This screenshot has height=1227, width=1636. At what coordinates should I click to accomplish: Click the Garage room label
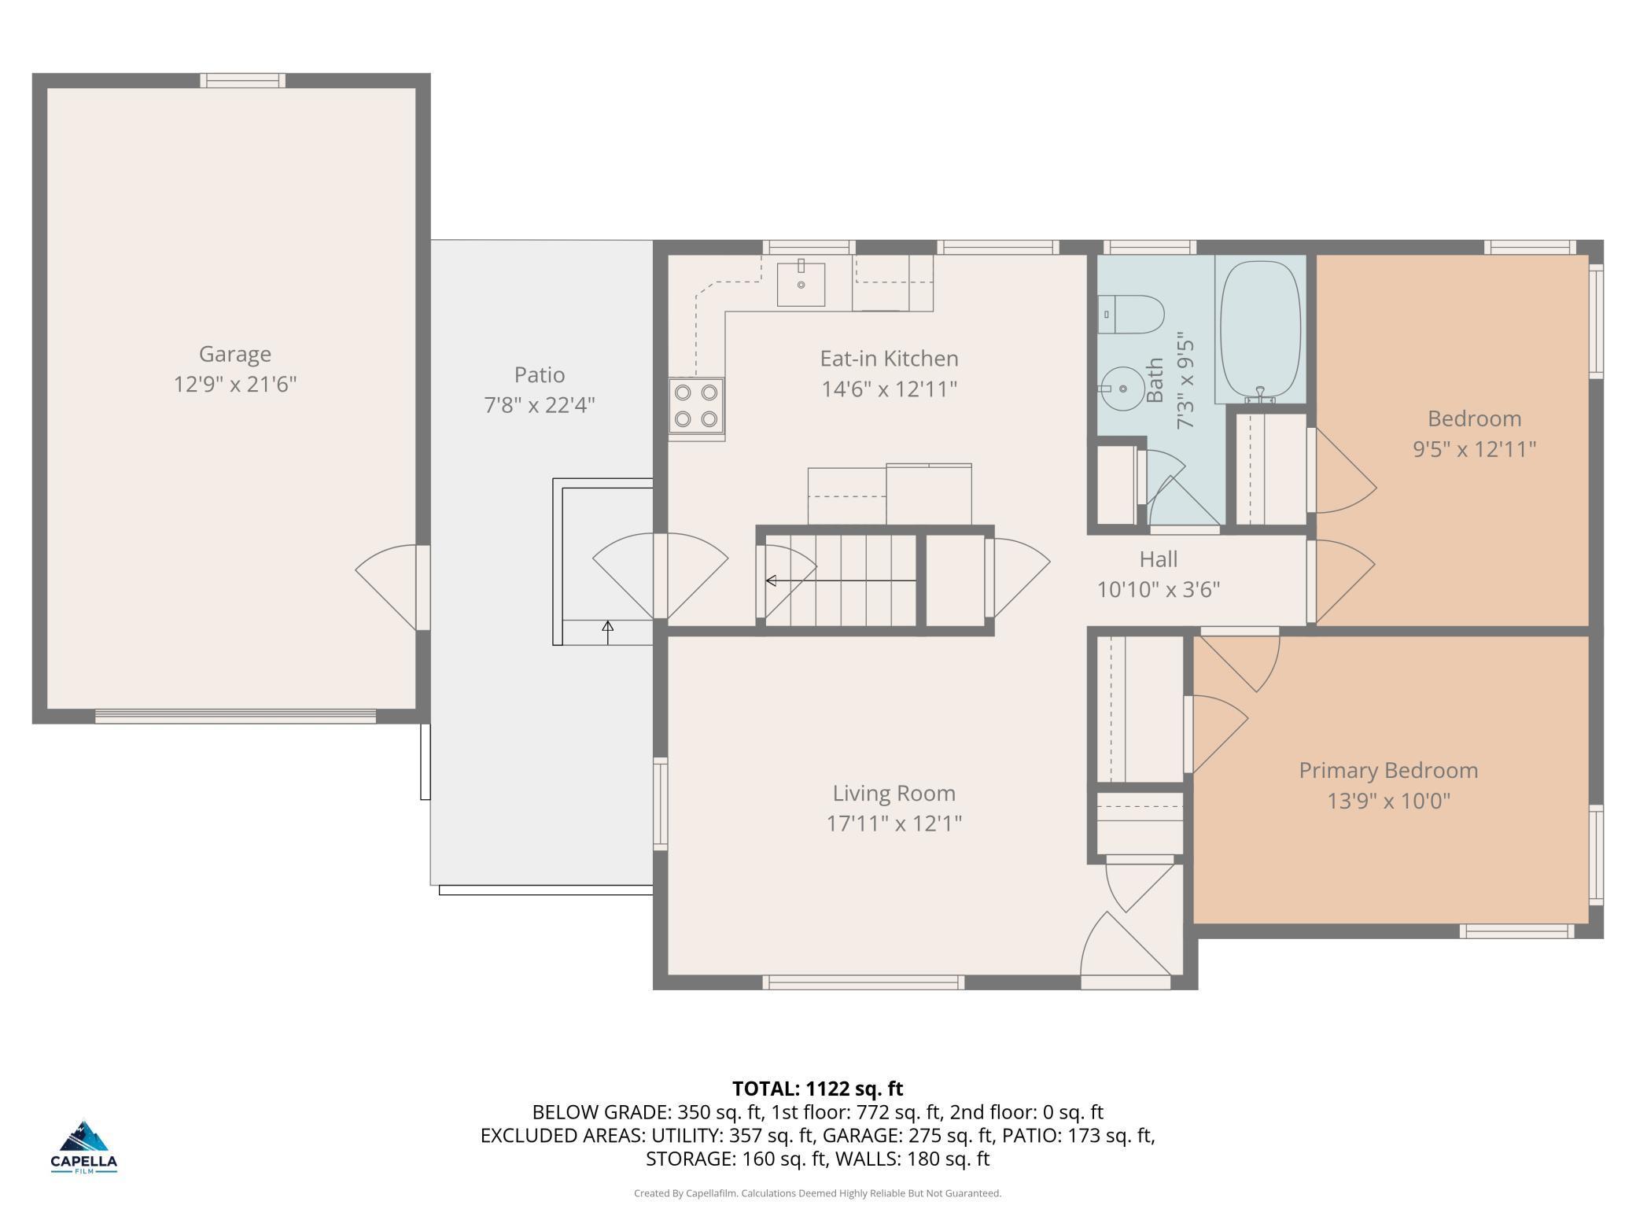(234, 355)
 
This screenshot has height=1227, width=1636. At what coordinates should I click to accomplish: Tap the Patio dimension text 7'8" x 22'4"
(540, 405)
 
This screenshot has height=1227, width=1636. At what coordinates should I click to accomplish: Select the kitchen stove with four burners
(697, 405)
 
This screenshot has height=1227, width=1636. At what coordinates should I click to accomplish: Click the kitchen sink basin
(801, 284)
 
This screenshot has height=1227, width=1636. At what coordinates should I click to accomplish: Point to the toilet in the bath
(1131, 314)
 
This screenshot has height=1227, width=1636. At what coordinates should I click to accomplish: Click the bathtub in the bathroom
(1260, 331)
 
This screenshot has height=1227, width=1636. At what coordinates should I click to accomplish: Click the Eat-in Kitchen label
(889, 359)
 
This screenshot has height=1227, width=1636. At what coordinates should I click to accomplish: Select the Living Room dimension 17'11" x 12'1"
(894, 824)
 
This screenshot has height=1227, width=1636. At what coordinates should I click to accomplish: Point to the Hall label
(1159, 559)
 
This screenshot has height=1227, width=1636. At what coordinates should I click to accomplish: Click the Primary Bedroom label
(1388, 771)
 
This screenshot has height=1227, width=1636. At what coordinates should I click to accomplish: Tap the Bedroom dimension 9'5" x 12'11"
(1474, 449)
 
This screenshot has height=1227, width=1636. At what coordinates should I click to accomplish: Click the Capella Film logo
(84, 1147)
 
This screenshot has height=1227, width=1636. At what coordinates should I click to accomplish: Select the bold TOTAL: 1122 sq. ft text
(818, 1089)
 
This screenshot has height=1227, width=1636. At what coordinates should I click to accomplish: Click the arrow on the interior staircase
(841, 580)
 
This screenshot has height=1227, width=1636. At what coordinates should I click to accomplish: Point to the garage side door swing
(387, 588)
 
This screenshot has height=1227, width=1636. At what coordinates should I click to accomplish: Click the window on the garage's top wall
(242, 80)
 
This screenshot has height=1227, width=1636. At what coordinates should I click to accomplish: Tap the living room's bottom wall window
(864, 982)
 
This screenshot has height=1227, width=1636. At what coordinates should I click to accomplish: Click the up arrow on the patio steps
(607, 632)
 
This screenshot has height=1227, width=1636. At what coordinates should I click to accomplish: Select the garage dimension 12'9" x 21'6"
(234, 385)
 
